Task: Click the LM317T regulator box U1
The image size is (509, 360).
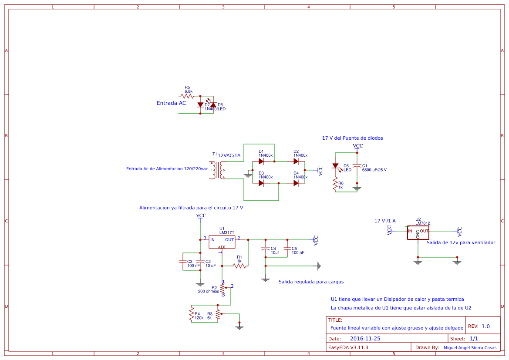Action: coord(222,242)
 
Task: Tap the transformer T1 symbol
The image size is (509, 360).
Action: coord(217,170)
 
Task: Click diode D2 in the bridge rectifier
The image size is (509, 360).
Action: coord(296,161)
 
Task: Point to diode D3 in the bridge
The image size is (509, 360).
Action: coord(261,183)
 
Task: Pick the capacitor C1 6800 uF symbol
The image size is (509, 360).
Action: coord(357,166)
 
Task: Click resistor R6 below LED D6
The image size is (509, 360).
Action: coord(335,185)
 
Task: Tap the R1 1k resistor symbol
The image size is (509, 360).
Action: coord(239,266)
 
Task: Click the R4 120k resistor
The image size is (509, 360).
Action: coord(191,313)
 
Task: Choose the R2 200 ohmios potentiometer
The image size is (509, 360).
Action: coord(222,288)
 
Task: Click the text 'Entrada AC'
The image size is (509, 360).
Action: coord(171,103)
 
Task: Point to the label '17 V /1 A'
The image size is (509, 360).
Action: coord(385,221)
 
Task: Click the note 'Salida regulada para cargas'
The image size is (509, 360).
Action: coord(311,282)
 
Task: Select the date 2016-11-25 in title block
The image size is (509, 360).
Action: coord(365,338)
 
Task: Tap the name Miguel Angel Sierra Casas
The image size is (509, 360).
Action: coord(470,348)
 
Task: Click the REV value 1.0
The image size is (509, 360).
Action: coord(485,326)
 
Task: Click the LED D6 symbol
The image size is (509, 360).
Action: coord(335,166)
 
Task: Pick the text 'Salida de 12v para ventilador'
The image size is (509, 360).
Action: coord(461,242)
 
